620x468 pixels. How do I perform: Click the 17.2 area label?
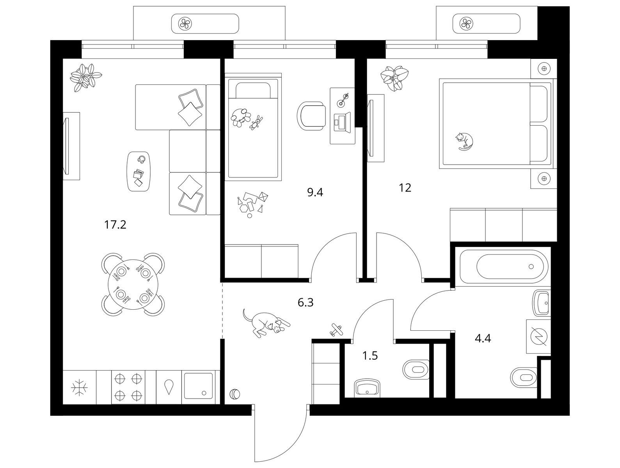tap(115, 225)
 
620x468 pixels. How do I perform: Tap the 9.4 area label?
tap(315, 192)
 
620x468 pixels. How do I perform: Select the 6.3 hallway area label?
tap(306, 302)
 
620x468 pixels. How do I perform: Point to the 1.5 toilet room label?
tap(370, 356)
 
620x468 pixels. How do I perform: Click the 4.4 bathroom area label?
tap(482, 338)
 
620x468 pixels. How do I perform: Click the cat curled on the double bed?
tap(464, 141)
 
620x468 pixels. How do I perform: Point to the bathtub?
tap(505, 267)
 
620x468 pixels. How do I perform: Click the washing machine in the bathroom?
tap(538, 337)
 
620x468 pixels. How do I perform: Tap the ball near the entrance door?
tap(235, 394)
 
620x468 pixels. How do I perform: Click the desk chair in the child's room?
tap(312, 116)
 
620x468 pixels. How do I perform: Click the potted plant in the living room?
tap(86, 78)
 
